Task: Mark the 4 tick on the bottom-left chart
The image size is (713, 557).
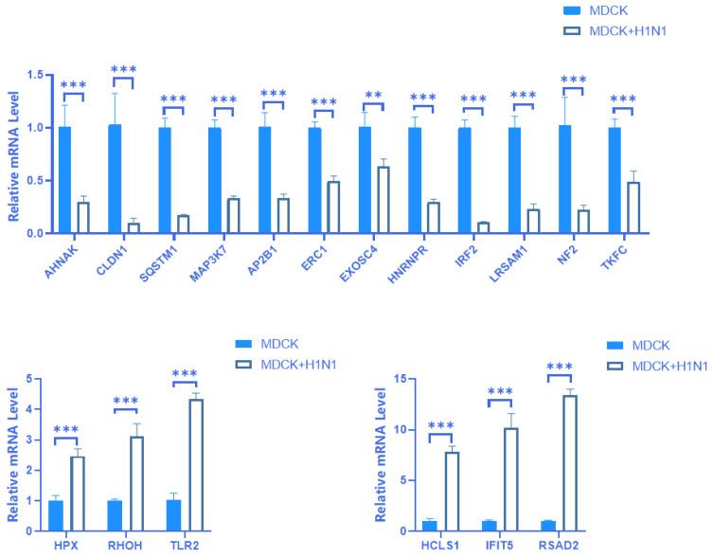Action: click(39, 410)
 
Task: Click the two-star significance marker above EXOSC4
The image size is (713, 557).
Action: click(373, 96)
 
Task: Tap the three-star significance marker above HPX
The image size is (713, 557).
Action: click(65, 429)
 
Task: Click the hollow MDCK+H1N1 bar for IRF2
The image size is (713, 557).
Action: click(484, 227)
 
